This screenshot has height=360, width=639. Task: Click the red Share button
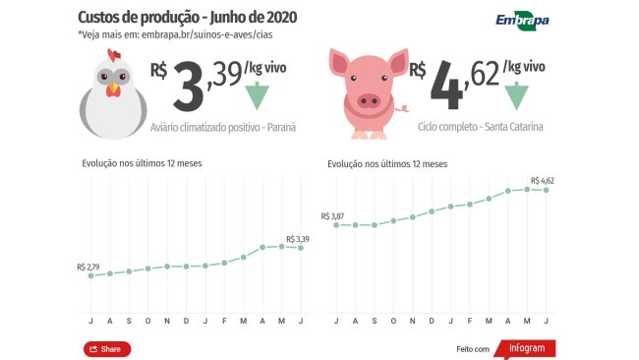(x=107, y=349)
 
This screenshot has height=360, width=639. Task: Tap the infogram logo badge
(x=532, y=348)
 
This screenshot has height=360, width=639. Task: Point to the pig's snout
(x=368, y=99)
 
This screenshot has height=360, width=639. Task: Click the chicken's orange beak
(x=114, y=90)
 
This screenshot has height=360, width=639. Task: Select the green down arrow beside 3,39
(x=257, y=96)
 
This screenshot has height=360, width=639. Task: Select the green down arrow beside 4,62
(x=516, y=96)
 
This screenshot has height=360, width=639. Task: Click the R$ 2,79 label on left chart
(x=87, y=267)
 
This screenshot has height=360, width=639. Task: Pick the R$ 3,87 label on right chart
(x=333, y=215)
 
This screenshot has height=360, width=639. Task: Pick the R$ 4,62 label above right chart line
(x=543, y=181)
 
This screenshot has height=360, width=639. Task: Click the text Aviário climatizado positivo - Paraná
(x=223, y=128)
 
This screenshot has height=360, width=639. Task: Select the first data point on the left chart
(x=90, y=275)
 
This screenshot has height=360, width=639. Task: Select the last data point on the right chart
(x=547, y=189)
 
